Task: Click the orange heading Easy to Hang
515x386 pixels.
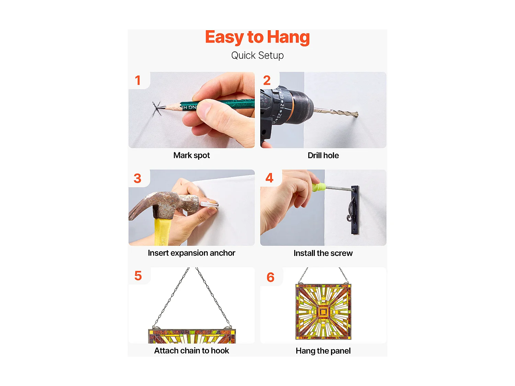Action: pyautogui.click(x=257, y=37)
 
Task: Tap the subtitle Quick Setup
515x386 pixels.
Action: pyautogui.click(x=257, y=56)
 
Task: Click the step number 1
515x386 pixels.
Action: pyautogui.click(x=138, y=80)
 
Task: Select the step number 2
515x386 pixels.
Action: pyautogui.click(x=267, y=80)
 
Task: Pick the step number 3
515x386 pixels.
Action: pyautogui.click(x=137, y=178)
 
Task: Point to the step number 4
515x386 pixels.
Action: pyautogui.click(x=270, y=178)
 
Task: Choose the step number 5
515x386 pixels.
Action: pyautogui.click(x=138, y=276)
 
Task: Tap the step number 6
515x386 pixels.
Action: pyautogui.click(x=270, y=277)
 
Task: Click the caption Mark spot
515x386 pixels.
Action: pyautogui.click(x=192, y=156)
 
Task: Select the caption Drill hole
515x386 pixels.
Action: pyautogui.click(x=323, y=156)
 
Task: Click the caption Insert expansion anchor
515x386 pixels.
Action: pyautogui.click(x=192, y=253)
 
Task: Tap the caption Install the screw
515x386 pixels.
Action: pyautogui.click(x=323, y=253)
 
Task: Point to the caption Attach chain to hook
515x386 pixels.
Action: pyautogui.click(x=192, y=351)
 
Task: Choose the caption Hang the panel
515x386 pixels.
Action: pyautogui.click(x=323, y=351)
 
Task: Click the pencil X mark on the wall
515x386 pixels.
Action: pyautogui.click(x=157, y=108)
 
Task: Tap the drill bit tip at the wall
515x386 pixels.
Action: pyautogui.click(x=357, y=115)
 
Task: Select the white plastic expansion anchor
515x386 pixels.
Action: pyautogui.click(x=209, y=204)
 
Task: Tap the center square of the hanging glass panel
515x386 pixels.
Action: pyautogui.click(x=323, y=312)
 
